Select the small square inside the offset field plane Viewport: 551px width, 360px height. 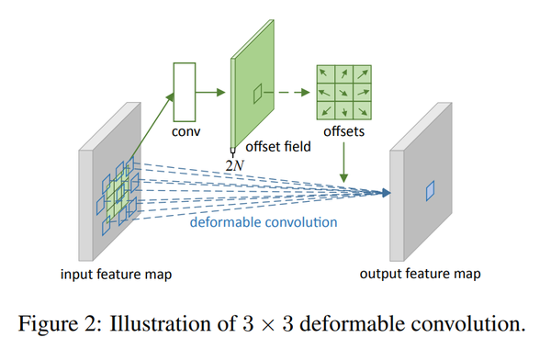259,91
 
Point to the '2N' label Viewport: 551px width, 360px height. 235,163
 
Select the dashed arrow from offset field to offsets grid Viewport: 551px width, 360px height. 293,92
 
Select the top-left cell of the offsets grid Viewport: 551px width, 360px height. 323,74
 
